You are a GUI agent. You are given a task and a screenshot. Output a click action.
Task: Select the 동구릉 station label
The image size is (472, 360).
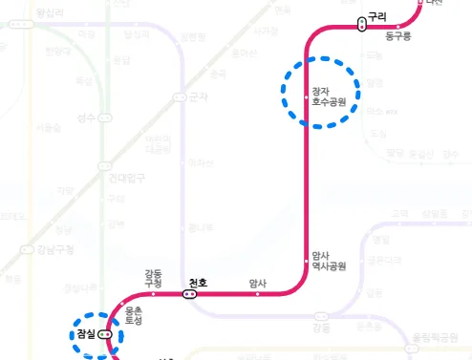coord(397,36)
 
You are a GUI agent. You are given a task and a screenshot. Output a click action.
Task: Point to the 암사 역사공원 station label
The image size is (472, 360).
coord(329,261)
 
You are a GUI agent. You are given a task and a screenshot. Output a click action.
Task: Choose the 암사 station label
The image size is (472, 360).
coord(258,283)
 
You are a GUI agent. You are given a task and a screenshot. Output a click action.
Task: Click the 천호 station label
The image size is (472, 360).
coord(198,282)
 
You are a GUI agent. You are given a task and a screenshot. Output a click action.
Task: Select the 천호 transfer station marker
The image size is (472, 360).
coord(189,294)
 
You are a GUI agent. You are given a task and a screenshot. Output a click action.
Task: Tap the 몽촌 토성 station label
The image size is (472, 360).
coord(134,316)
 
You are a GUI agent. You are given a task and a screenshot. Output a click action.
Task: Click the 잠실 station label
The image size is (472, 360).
coord(87,334)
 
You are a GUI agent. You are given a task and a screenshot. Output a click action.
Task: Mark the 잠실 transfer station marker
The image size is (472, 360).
coord(105,335)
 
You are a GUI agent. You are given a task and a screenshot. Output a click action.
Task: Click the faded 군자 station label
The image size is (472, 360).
coord(198,96)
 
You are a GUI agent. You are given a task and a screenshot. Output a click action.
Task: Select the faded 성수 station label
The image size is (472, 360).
coord(86,119)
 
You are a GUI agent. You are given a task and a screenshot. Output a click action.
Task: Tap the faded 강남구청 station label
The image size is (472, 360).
coord(57,250)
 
